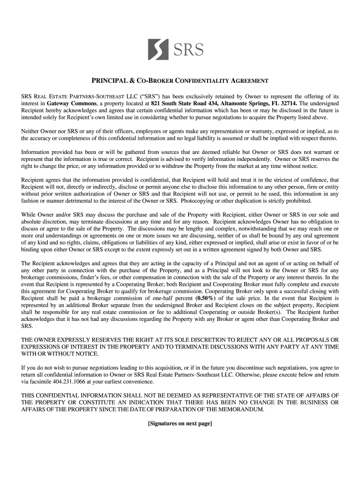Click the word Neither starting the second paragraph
coord(32,131)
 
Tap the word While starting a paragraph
coord(29,215)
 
